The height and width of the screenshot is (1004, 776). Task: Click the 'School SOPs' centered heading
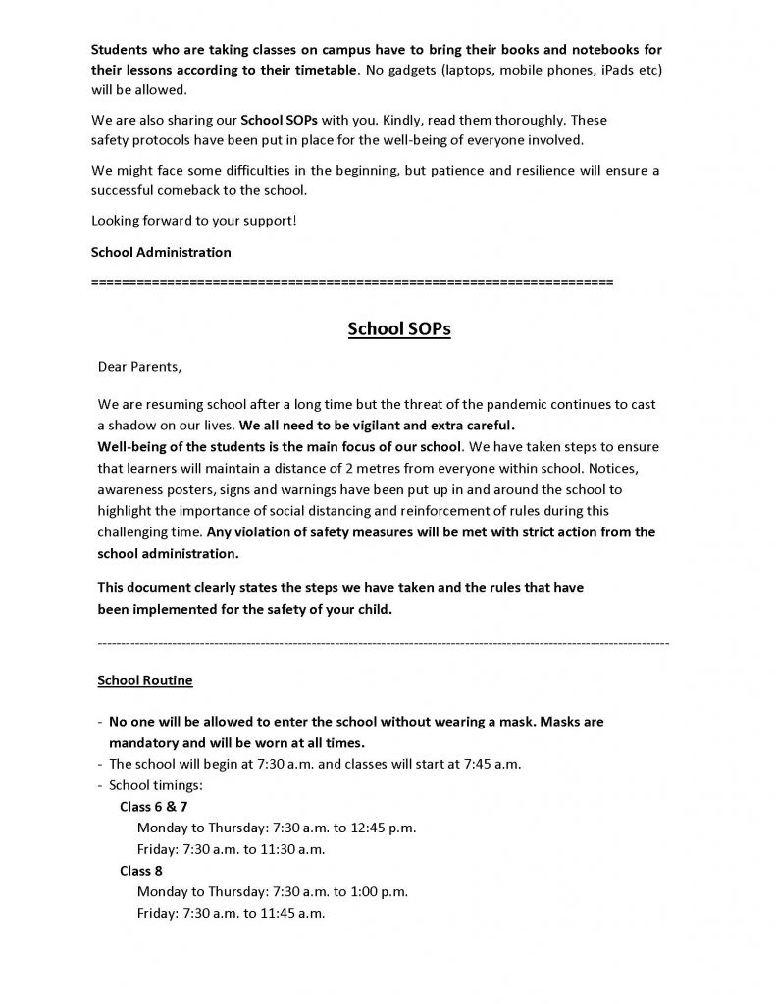click(x=398, y=329)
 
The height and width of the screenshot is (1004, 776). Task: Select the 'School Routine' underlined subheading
click(x=145, y=679)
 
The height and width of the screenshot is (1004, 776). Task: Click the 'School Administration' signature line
click(x=161, y=252)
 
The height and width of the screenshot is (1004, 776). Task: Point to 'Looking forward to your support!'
click(x=193, y=220)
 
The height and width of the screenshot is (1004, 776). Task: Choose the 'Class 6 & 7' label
click(x=154, y=806)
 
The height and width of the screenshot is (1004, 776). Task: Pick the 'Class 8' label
click(x=141, y=871)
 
